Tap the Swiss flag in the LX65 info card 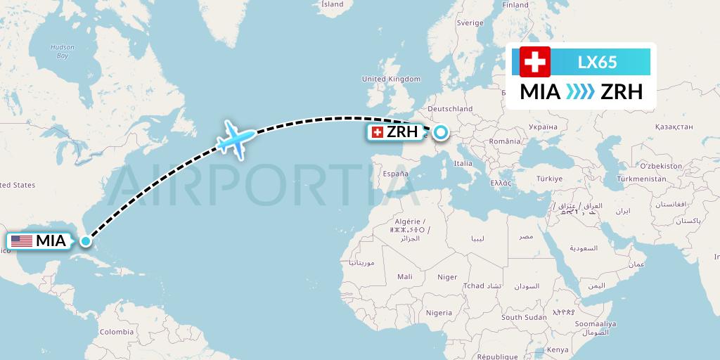[x=535, y=62]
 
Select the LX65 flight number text [x=597, y=62]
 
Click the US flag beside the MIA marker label [x=22, y=241]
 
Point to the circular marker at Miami [x=85, y=241]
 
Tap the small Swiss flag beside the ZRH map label [x=377, y=132]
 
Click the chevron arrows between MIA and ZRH [x=580, y=92]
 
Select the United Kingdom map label [x=390, y=79]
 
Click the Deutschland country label [x=450, y=109]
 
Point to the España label [x=395, y=173]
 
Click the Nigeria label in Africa [x=439, y=312]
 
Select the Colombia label [x=116, y=331]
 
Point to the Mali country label [x=404, y=276]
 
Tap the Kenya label [x=558, y=349]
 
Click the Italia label [x=463, y=163]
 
